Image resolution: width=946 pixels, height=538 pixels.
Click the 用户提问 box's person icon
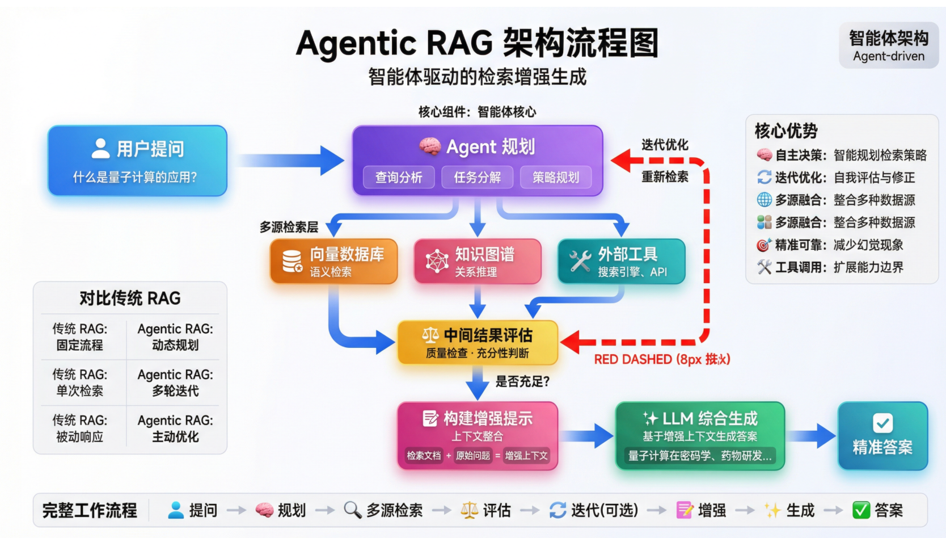click(100, 149)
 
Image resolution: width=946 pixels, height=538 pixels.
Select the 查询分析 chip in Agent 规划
click(399, 178)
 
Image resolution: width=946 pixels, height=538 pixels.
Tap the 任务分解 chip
click(477, 178)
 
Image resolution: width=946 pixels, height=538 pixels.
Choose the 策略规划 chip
click(556, 178)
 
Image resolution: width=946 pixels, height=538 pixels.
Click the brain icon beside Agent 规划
click(430, 146)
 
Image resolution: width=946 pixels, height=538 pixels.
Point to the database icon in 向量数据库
click(292, 260)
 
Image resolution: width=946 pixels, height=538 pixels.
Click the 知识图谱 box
click(477, 261)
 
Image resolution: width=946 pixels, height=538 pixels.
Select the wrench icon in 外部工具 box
click(580, 260)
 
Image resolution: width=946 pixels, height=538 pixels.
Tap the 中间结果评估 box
click(478, 342)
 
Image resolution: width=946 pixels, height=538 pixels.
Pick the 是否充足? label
click(522, 381)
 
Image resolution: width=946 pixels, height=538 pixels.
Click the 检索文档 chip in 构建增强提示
click(424, 456)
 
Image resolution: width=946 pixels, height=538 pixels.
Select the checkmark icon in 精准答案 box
click(882, 423)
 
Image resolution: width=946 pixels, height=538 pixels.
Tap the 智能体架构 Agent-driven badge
click(889, 45)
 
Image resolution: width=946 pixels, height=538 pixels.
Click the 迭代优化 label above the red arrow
click(665, 145)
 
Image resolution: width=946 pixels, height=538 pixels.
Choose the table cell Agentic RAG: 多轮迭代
click(175, 383)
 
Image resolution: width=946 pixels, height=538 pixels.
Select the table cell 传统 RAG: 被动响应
click(80, 428)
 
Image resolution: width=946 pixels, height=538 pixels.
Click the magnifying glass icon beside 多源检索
click(353, 510)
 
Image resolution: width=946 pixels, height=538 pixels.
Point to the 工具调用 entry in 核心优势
click(830, 267)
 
